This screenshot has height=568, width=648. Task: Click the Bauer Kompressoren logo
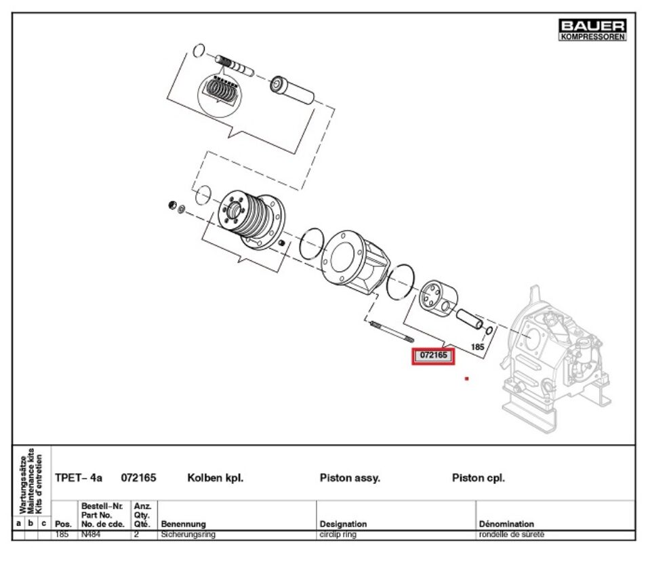[x=592, y=29]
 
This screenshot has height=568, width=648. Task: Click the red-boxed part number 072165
[x=433, y=355]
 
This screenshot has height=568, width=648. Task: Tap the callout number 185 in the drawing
[x=477, y=346]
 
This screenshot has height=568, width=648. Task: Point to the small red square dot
[x=466, y=378]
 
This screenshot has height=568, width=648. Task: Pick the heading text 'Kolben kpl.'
[x=215, y=478]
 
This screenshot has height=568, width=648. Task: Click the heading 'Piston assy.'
[x=350, y=478]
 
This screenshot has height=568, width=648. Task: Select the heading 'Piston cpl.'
[x=479, y=478]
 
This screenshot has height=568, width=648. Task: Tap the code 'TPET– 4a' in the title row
[x=79, y=478]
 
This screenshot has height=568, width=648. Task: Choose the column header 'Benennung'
[x=183, y=524]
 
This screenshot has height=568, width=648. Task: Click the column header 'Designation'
[x=343, y=524]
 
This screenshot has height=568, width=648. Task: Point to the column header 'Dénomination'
[x=506, y=524]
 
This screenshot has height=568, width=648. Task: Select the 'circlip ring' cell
[x=338, y=535]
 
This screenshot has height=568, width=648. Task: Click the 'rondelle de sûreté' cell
[x=512, y=535]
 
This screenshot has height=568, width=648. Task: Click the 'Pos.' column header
[x=63, y=524]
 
